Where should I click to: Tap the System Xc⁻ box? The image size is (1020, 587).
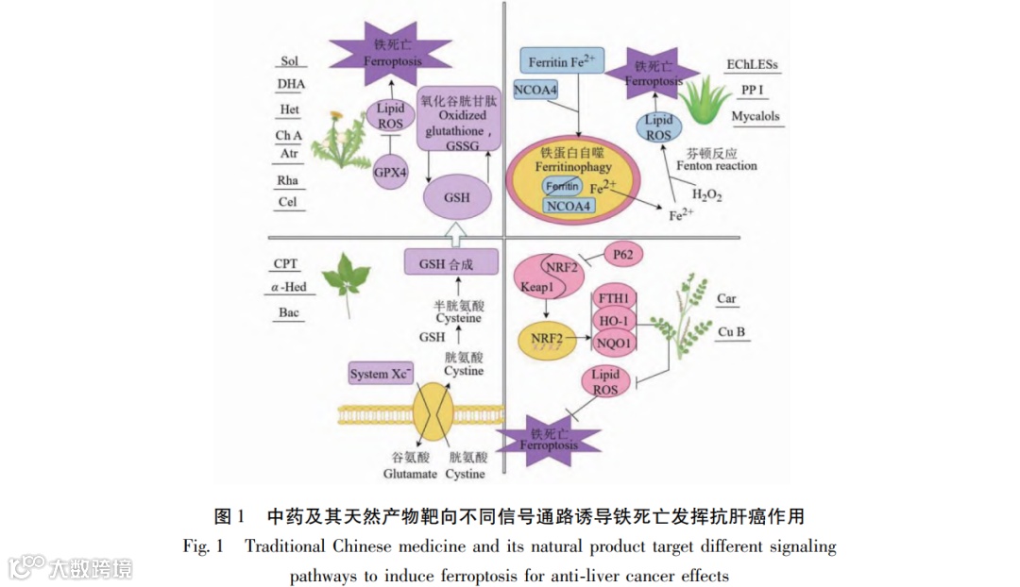pos(382,374)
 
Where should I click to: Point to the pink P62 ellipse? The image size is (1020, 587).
pos(622,253)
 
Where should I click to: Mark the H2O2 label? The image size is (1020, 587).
pos(707,195)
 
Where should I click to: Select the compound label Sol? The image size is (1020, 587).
pos(290,61)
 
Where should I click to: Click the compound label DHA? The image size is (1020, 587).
pos(290,85)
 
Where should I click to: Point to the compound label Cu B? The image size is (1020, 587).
pos(732,331)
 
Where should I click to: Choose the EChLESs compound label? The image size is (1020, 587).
pos(753,65)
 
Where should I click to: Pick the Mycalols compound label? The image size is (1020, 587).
pos(756,117)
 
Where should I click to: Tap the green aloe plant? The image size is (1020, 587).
pos(701,100)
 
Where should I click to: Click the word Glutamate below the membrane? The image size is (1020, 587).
pos(409,473)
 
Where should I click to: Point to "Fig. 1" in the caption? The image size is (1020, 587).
pos(203,546)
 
